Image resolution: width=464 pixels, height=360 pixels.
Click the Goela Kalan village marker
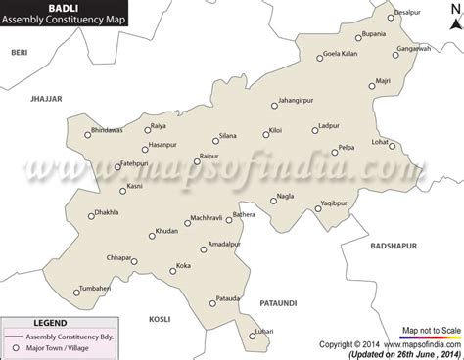click(x=318, y=58)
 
